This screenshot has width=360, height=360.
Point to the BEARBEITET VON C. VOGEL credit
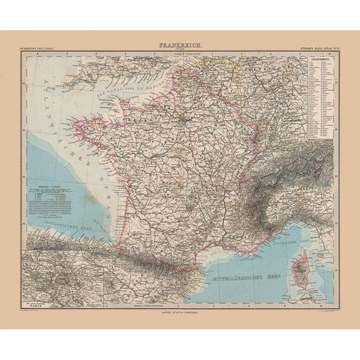(x=46, y=49)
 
